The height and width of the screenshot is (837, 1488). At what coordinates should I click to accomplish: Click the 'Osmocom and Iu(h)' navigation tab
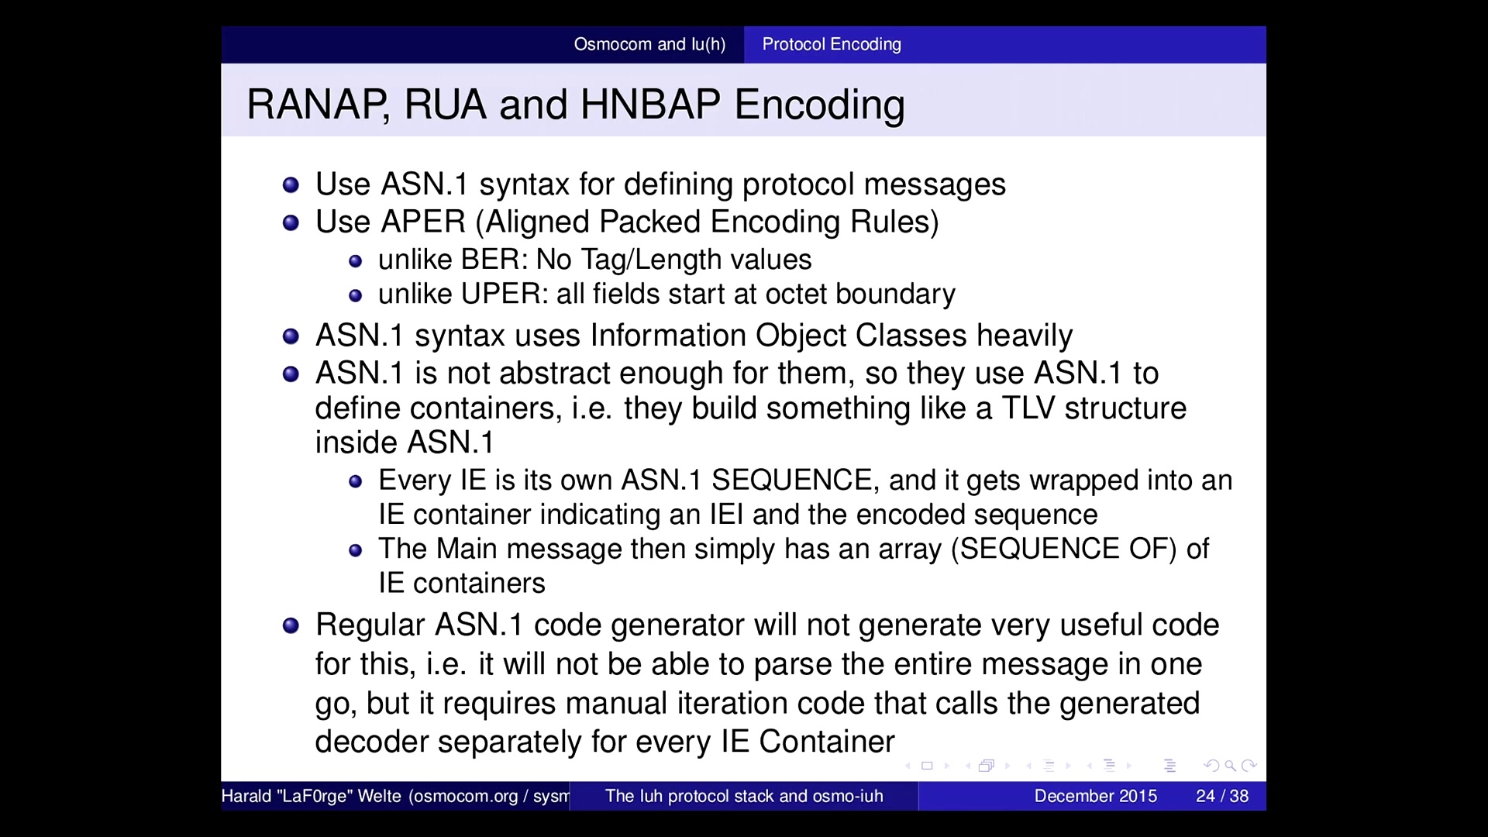click(649, 44)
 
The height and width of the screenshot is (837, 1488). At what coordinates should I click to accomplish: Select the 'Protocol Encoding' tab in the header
click(832, 44)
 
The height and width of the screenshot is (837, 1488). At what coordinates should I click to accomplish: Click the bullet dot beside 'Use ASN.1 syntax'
click(291, 185)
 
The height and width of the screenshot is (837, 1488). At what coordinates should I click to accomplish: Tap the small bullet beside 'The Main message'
click(356, 551)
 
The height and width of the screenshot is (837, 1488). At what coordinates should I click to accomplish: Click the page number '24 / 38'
click(1222, 796)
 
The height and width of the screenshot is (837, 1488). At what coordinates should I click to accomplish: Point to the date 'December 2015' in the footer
click(1095, 796)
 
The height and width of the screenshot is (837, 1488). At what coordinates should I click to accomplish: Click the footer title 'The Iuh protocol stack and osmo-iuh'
click(744, 796)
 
